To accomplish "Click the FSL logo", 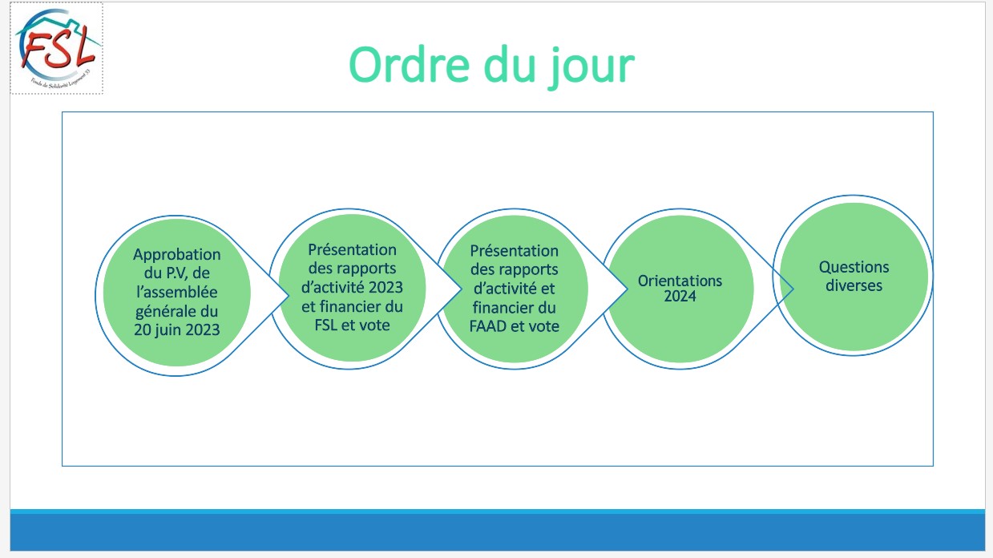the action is [57, 48].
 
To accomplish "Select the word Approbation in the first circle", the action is [177, 254].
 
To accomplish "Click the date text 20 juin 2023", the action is [177, 330].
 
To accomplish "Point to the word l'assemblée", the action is [177, 292].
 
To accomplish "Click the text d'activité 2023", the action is [352, 287].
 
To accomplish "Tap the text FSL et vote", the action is [352, 325].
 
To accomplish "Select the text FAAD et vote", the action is [515, 326].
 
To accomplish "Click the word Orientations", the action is [680, 281].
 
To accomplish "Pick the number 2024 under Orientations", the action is [680, 296].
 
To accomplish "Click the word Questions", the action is [854, 267].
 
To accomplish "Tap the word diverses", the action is [854, 285].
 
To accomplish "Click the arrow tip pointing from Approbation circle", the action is [289, 296].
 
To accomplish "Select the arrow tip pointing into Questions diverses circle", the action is [793, 289].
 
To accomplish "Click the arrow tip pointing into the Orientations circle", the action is [628, 289].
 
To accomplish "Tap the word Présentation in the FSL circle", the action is [352, 249].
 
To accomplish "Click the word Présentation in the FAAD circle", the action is [515, 251].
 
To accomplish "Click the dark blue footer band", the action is [498, 532].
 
